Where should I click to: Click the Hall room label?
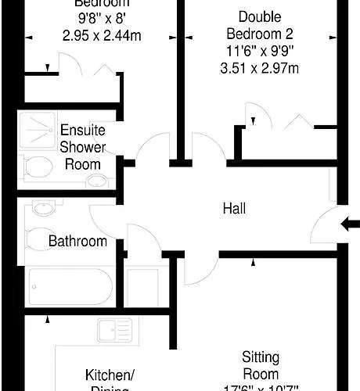(234, 209)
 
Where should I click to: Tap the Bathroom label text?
(77, 241)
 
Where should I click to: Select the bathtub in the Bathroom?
(70, 287)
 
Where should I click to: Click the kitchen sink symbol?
(113, 331)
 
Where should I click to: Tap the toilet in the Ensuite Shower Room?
(36, 167)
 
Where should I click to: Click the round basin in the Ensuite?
(96, 182)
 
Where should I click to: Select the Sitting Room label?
(260, 366)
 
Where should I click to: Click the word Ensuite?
(82, 130)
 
